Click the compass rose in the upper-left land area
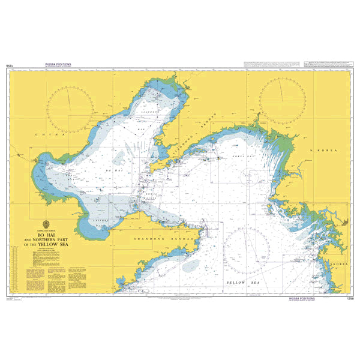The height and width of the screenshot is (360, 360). click(71, 109)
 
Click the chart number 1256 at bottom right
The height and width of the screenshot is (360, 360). click(343, 299)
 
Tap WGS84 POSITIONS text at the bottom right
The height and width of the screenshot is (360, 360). click(312, 299)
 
